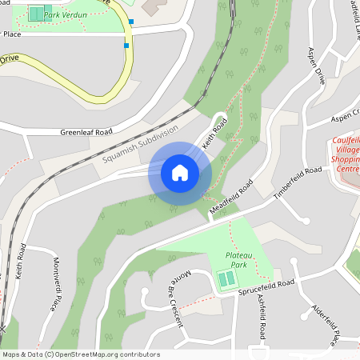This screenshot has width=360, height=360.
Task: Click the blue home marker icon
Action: pyautogui.click(x=180, y=172)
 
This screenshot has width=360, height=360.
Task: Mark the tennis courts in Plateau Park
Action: pyautogui.click(x=227, y=279)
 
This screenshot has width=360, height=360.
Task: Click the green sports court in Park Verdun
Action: pyautogui.click(x=36, y=13)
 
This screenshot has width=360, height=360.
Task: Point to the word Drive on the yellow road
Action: pyautogui.click(x=9, y=58)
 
